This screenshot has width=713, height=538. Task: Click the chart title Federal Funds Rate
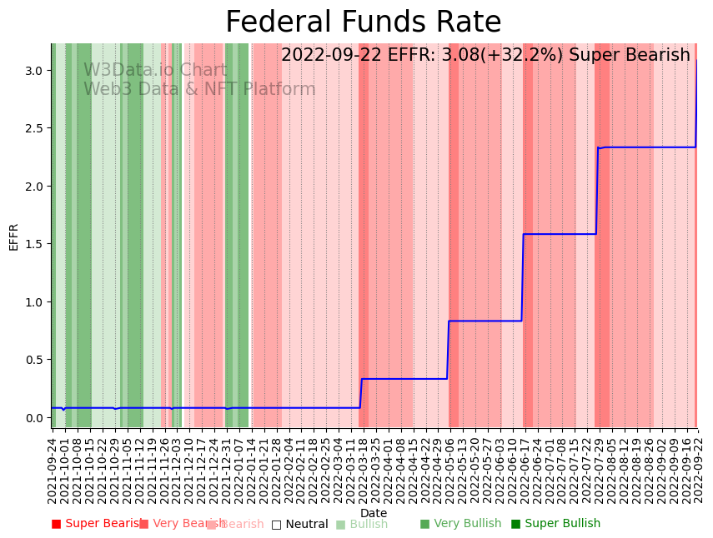pos(363,22)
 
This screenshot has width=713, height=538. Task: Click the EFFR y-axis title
pos(13,237)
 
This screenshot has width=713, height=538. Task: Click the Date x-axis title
pos(373,513)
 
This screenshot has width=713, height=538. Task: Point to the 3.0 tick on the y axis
pos(34,71)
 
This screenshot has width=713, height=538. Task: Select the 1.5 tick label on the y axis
pos(34,244)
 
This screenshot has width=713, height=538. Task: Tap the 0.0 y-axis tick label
pos(34,418)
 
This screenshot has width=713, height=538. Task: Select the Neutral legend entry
pos(299,525)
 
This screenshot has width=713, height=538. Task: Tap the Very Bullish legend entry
pos(460,524)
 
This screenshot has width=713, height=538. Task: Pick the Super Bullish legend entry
pos(555,524)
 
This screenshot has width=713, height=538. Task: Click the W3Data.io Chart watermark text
pos(155,71)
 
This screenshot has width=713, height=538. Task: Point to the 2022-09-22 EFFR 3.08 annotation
pos(485,56)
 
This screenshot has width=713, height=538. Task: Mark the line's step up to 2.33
pos(597,191)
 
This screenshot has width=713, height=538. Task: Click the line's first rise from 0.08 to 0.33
pos(361,393)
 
